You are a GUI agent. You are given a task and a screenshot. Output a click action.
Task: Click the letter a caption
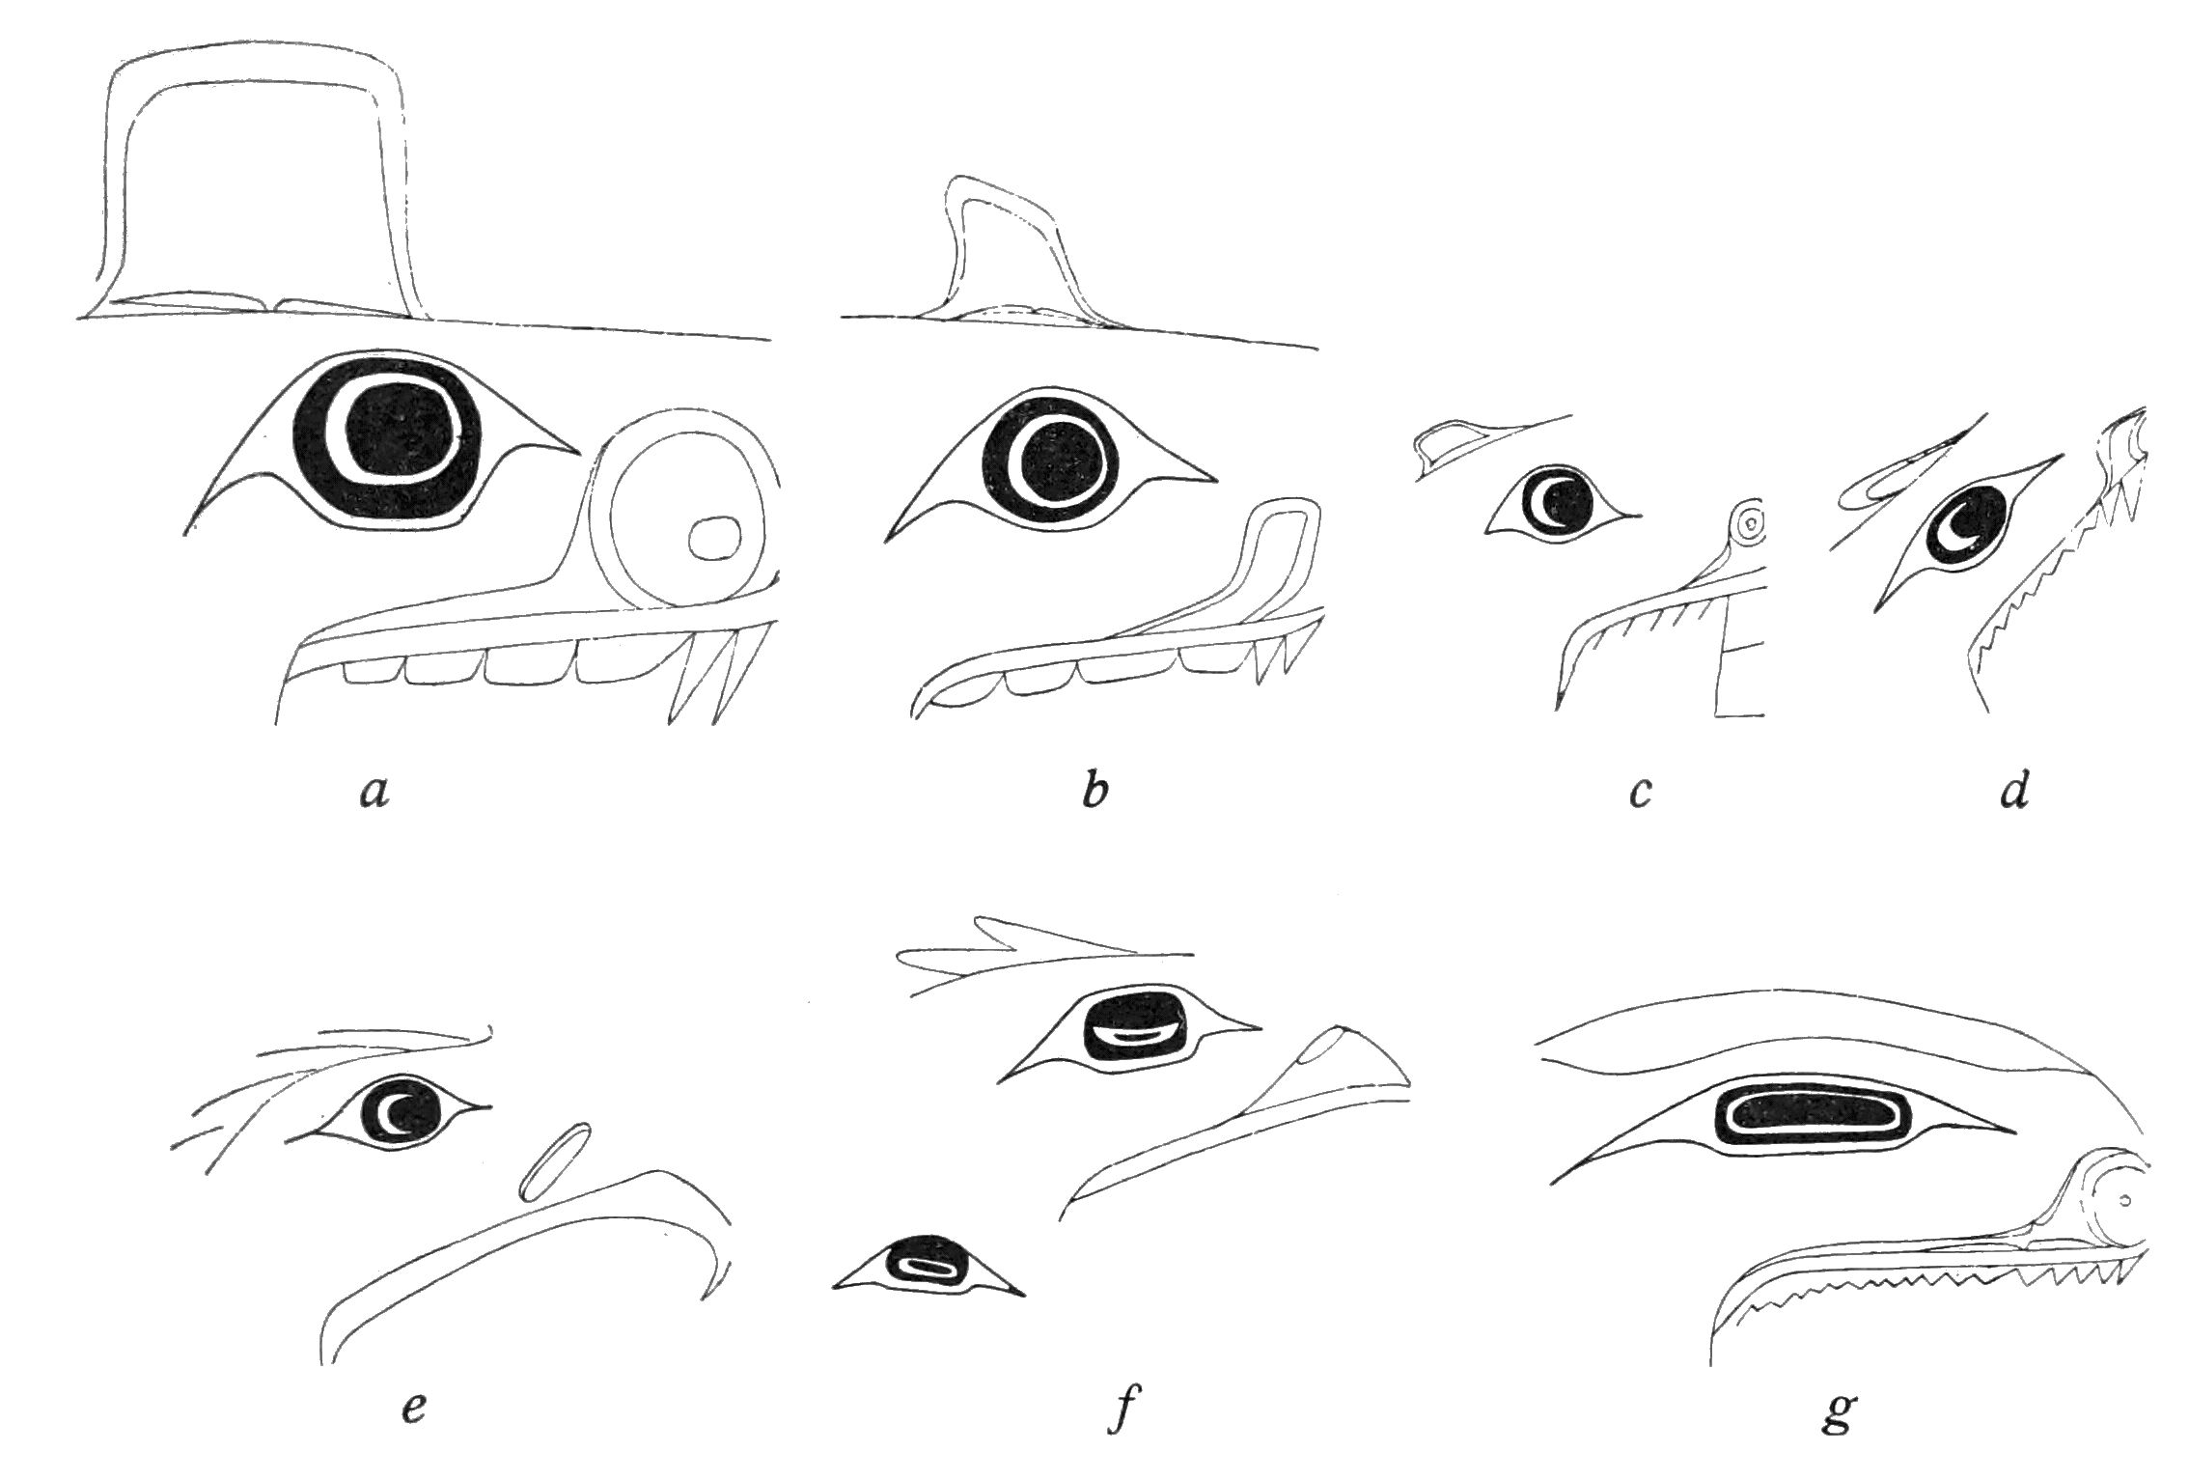pos(373,793)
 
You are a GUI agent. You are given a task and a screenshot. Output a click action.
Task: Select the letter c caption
pos(1641,794)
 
